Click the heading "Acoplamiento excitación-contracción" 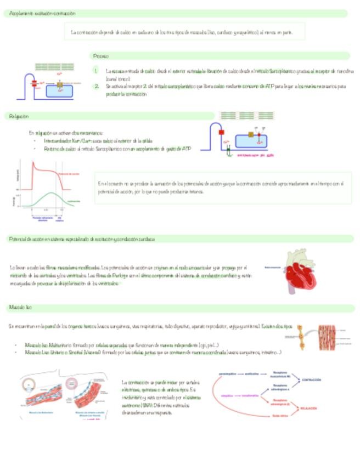(42, 13)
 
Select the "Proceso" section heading (101, 56)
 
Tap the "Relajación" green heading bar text (19, 116)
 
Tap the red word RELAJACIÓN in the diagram (308, 409)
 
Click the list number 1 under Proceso (95, 71)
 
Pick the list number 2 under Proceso (95, 86)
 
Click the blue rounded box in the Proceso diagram (59, 90)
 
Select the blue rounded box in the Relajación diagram (251, 140)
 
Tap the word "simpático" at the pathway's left (227, 394)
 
